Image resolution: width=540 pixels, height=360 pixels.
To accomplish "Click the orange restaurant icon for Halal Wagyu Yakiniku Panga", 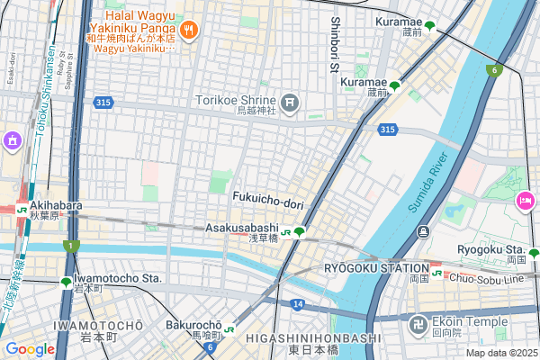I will (188, 31).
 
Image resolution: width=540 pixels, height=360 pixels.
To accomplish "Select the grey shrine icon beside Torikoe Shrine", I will (290, 103).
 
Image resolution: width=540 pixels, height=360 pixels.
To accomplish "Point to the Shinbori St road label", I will (335, 44).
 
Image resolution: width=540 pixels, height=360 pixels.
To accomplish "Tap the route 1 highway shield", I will (71, 246).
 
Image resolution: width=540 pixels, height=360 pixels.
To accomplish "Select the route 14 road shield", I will (297, 305).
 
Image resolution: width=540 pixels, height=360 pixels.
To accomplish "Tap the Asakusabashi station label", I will (241, 228).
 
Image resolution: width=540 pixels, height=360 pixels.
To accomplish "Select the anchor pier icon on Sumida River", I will (422, 234).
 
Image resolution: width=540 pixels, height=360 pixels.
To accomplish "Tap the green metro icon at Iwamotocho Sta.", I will (66, 282).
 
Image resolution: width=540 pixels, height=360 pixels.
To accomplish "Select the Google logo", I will (30, 348).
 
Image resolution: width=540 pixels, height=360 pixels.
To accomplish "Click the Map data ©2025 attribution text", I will (499, 352).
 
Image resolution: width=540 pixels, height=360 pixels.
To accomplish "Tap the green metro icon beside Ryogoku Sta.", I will (533, 253).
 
